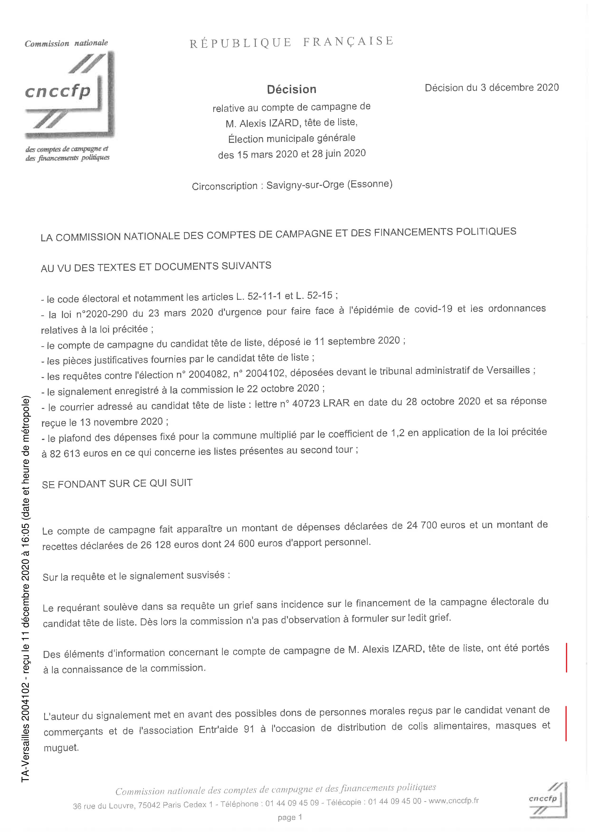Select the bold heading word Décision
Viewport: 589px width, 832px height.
pos(292,89)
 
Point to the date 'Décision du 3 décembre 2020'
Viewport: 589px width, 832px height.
pos(491,88)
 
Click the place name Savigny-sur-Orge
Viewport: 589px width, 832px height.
pos(305,185)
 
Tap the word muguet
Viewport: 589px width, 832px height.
pos(61,748)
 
